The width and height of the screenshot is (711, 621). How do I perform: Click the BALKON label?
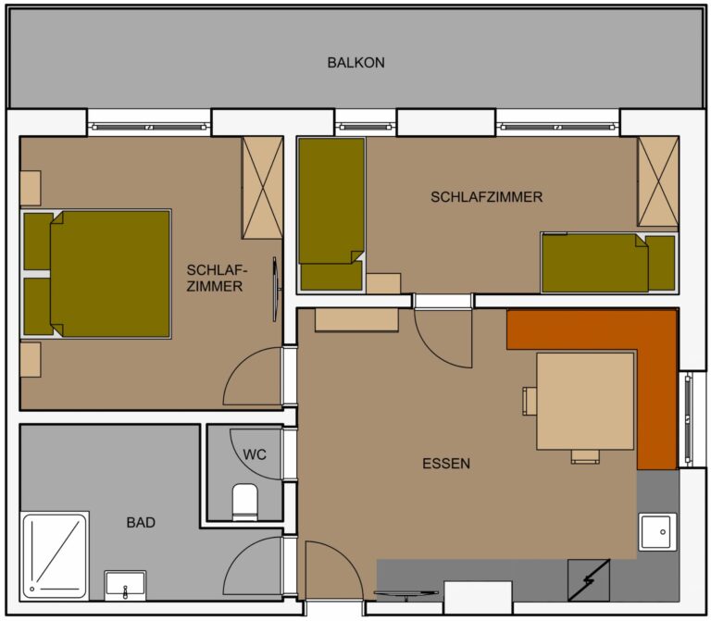(x=355, y=63)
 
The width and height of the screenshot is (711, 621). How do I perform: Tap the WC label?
(x=255, y=454)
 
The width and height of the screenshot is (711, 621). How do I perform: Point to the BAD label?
(x=141, y=523)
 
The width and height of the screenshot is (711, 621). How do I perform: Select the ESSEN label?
(x=446, y=464)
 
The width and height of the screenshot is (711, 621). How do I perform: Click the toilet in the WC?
(x=244, y=502)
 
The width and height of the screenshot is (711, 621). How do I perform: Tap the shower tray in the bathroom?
(x=55, y=555)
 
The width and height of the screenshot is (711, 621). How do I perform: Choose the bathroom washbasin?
(x=125, y=585)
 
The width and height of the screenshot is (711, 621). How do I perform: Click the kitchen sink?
(x=657, y=532)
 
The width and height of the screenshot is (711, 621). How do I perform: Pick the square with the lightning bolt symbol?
(x=589, y=580)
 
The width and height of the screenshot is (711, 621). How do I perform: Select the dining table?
(x=585, y=401)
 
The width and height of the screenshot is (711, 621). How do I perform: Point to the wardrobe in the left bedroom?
(x=263, y=188)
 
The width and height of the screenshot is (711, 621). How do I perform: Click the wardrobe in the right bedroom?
(x=658, y=181)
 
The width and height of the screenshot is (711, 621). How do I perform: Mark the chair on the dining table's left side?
(x=530, y=401)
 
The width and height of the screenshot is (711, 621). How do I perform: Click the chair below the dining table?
(x=585, y=456)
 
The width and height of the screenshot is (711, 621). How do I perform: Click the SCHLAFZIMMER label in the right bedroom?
(x=487, y=197)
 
